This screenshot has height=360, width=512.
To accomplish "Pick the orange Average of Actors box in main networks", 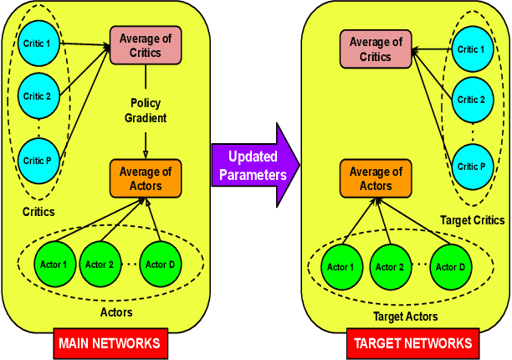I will coord(146,177).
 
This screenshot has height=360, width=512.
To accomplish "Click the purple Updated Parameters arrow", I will coord(251,163).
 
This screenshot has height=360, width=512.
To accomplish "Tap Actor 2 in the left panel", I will coord(99,265).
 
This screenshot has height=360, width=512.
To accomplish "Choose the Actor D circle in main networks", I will coord(160,265).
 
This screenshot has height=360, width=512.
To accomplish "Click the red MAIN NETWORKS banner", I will coord(109,342).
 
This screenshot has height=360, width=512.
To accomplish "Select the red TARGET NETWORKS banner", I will coord(412,342).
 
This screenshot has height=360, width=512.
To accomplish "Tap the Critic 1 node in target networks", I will coord(471,49).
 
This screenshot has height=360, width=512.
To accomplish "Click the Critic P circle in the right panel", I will coord(471,166).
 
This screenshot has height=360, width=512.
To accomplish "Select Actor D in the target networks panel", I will coord(447,267).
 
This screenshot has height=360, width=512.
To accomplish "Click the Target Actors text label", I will coord(405,316).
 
